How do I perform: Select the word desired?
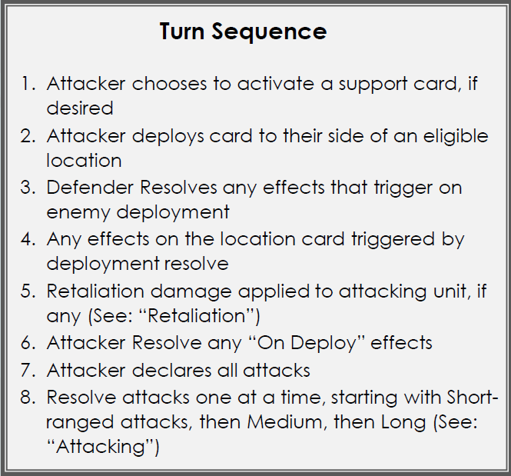tap(80, 108)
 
